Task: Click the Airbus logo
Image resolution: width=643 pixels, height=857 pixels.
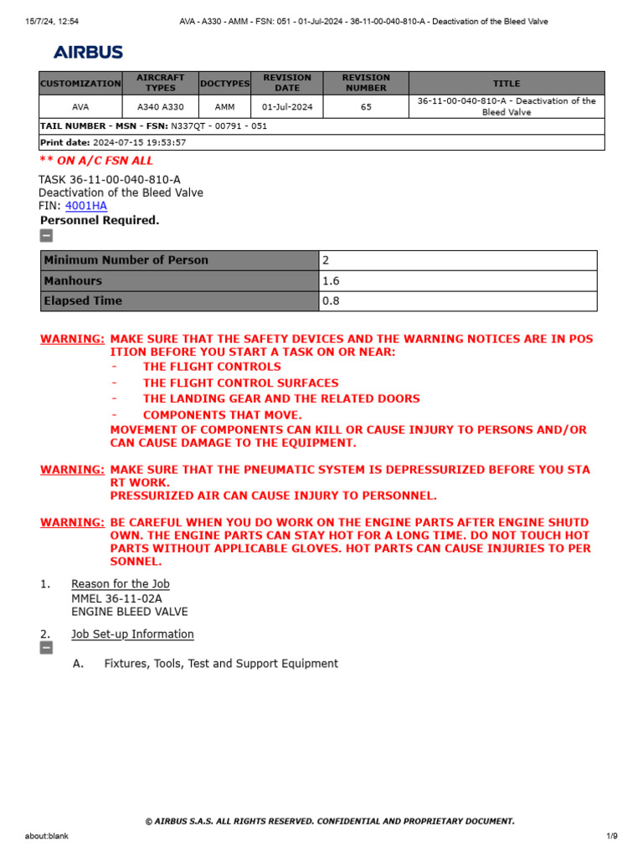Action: pos(88,52)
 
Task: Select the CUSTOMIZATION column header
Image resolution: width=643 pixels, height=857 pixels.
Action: pos(80,84)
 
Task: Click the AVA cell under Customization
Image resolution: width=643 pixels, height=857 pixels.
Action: pos(80,107)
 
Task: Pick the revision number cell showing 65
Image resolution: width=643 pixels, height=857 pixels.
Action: pos(366,107)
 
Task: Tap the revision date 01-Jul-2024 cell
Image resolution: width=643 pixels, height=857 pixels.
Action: pos(287,107)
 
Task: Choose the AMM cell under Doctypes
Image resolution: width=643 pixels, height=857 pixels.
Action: pos(224,107)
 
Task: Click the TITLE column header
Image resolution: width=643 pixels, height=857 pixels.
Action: pos(507,84)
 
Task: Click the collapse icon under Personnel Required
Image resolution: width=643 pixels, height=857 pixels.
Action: pos(47,235)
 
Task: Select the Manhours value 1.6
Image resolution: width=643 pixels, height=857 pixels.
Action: pos(332,281)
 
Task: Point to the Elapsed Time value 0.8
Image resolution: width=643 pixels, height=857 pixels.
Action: pos(332,301)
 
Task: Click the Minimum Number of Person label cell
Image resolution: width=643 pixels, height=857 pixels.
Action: pos(126,260)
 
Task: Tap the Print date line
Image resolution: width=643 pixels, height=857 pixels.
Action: pos(113,142)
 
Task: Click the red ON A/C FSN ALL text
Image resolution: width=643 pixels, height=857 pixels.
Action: pos(96,161)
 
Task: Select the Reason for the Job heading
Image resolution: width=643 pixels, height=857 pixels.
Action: pos(121,584)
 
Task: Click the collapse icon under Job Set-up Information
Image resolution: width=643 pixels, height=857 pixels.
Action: pos(47,648)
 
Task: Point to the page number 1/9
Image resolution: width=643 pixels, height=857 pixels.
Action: pos(611,836)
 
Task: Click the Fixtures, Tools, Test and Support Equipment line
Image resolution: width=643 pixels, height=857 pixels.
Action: pos(221,664)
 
